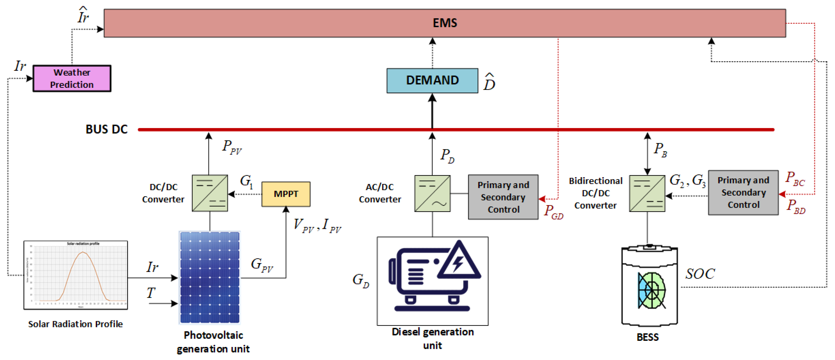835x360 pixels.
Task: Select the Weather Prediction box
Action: coord(72,78)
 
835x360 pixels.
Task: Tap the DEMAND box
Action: coord(432,80)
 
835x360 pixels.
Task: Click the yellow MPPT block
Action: coord(286,194)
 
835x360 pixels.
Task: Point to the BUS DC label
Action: coord(106,129)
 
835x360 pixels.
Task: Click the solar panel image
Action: coord(210,278)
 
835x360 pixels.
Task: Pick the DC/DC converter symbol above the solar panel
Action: coord(210,193)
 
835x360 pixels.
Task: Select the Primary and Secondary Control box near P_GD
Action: coord(503,197)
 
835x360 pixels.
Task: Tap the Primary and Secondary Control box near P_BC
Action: coord(743,193)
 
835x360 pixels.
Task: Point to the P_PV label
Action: coord(231,147)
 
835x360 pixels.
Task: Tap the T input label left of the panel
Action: coord(151,293)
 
